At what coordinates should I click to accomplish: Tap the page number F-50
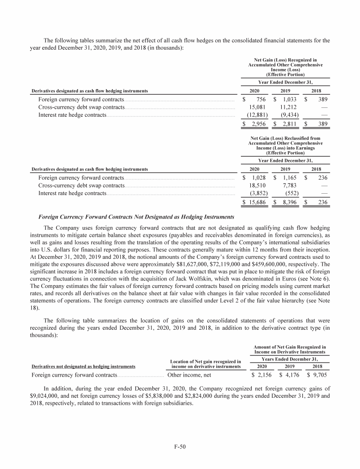[180, 447]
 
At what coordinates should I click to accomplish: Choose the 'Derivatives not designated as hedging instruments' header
[83, 366]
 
